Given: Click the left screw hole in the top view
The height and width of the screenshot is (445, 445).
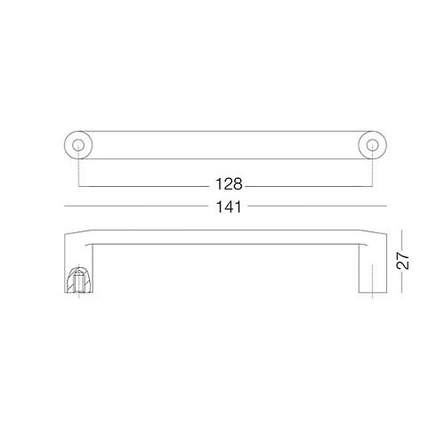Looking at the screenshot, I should point(77,144).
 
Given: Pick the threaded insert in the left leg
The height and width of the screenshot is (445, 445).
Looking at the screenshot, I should point(77,283).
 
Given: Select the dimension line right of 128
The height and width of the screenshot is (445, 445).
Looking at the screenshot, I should point(307,185).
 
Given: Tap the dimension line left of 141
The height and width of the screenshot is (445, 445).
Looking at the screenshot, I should point(133,206).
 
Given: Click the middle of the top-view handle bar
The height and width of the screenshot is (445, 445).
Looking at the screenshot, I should point(222,144).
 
